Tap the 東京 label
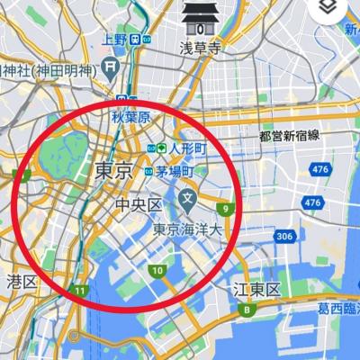tap(113, 170)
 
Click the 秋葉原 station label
tap(129, 115)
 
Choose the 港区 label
tap(22, 281)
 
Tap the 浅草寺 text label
tap(200, 47)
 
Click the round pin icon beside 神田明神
tap(110, 67)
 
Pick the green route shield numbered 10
tap(157, 271)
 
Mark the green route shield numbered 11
tap(80, 291)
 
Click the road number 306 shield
tap(284, 237)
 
